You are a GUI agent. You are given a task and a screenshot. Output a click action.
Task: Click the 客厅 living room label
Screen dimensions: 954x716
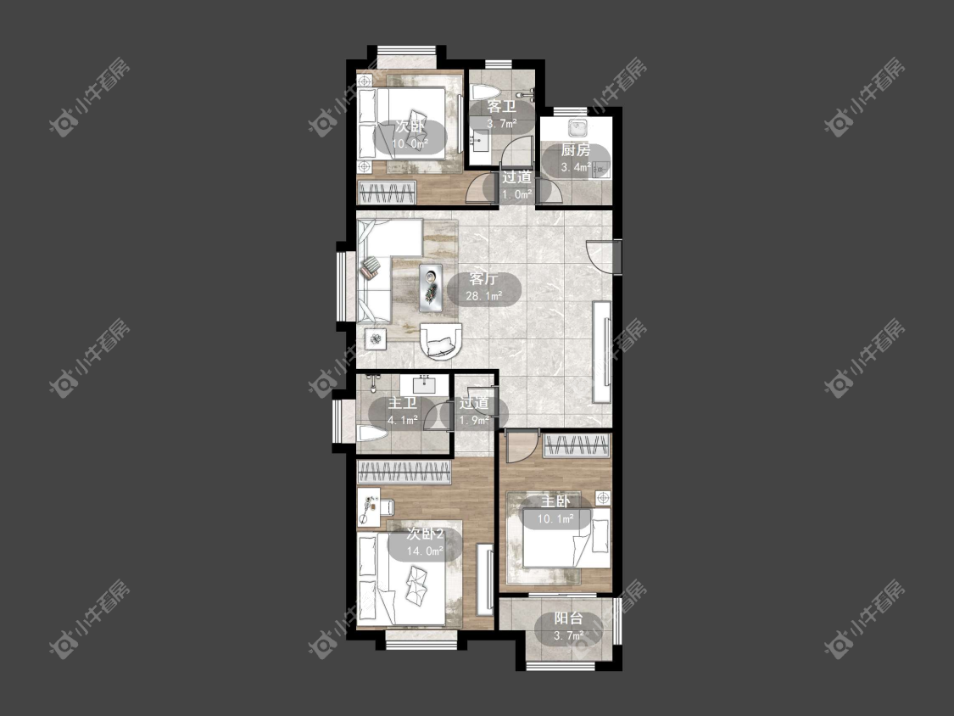pos(483,279)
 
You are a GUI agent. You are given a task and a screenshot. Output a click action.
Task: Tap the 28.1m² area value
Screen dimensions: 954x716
pos(483,296)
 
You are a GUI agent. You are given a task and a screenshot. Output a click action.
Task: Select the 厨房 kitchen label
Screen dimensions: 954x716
pos(575,150)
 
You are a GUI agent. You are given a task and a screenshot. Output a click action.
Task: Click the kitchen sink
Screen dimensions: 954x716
pos(577,128)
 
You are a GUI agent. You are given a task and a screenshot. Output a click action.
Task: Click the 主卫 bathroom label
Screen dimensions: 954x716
pos(402,403)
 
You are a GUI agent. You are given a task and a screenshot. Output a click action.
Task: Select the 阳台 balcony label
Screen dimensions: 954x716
pos(568,618)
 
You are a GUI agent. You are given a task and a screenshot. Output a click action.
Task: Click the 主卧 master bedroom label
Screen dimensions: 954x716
pos(555,501)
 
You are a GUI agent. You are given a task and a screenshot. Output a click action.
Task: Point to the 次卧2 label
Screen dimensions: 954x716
pos(426,534)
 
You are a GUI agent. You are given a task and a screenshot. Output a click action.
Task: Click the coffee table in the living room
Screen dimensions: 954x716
pos(432,288)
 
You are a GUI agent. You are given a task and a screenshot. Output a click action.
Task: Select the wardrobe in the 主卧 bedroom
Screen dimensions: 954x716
pos(576,445)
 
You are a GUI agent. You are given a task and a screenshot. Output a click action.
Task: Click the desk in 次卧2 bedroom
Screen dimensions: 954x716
pos(369,506)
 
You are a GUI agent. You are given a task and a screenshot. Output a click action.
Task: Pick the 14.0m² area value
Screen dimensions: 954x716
pos(426,551)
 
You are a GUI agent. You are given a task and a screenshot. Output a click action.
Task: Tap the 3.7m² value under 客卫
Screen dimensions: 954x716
pos(501,124)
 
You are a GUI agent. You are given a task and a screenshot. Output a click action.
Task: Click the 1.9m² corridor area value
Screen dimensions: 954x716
pos(474,420)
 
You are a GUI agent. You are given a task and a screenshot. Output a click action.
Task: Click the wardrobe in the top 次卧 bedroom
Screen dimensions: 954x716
pos(387,193)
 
